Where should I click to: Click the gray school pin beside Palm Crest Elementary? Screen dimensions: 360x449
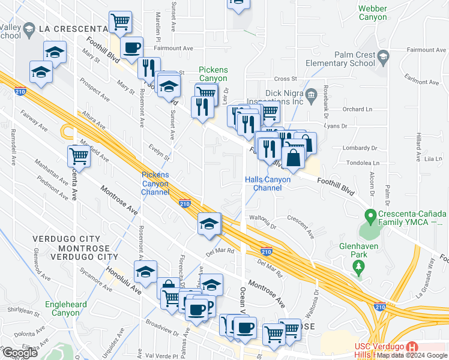click(384, 56)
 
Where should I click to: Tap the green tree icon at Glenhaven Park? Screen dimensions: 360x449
click(359, 266)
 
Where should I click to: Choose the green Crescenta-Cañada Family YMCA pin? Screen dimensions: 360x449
click(371, 215)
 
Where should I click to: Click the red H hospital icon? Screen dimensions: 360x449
click(412, 347)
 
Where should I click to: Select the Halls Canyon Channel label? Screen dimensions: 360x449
click(268, 184)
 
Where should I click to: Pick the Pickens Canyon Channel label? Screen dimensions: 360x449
click(155, 183)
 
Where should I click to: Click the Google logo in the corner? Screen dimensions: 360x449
click(20, 352)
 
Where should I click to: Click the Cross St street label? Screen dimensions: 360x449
click(286, 79)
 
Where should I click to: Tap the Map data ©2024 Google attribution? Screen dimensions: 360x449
click(412, 355)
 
